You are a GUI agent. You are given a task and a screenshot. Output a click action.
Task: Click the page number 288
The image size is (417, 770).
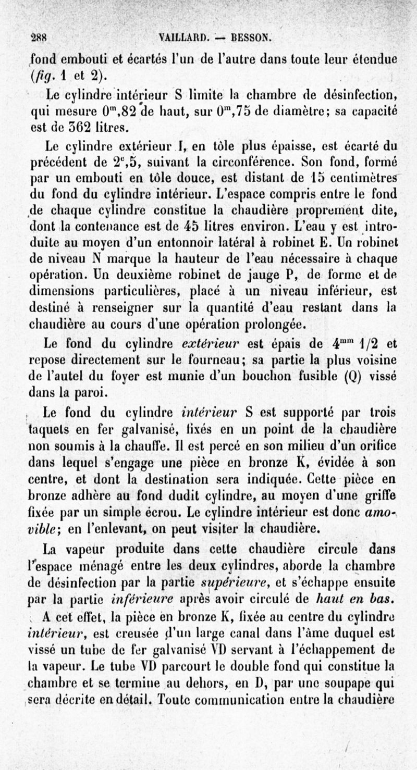point(39,38)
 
